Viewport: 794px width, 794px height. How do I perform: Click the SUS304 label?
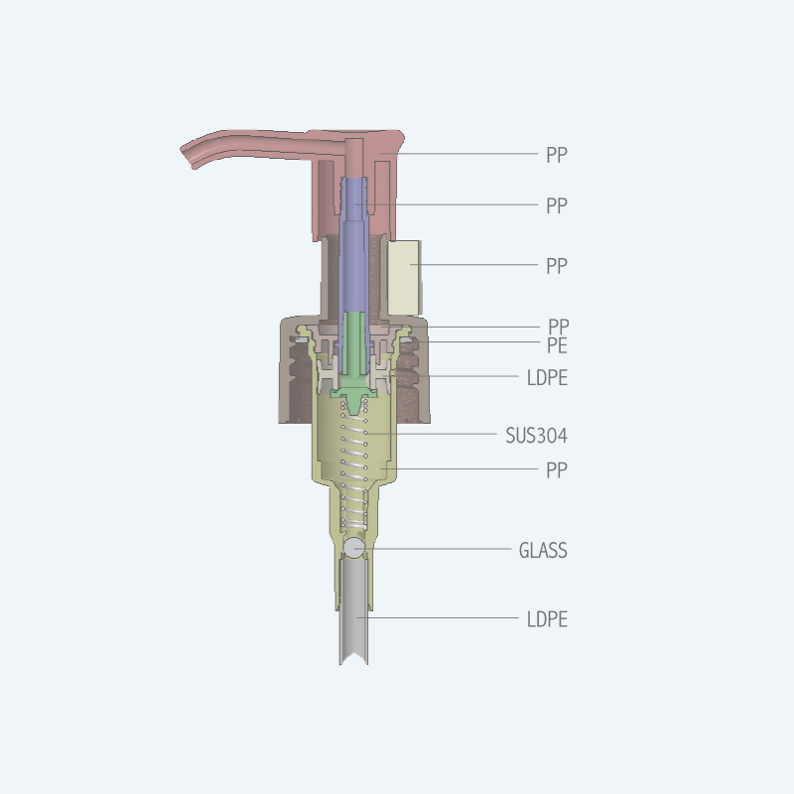click(536, 436)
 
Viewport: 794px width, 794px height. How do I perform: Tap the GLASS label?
click(543, 551)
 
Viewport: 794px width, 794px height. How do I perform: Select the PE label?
click(557, 345)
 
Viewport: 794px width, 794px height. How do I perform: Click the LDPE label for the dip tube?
click(547, 619)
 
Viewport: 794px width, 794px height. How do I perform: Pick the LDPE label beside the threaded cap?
click(547, 378)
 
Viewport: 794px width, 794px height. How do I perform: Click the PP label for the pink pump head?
click(557, 155)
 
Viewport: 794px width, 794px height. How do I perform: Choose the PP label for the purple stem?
click(557, 206)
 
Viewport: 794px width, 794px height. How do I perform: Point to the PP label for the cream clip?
click(557, 266)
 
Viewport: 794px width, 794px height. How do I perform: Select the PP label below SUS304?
click(557, 470)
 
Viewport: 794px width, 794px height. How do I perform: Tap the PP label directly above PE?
click(559, 327)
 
